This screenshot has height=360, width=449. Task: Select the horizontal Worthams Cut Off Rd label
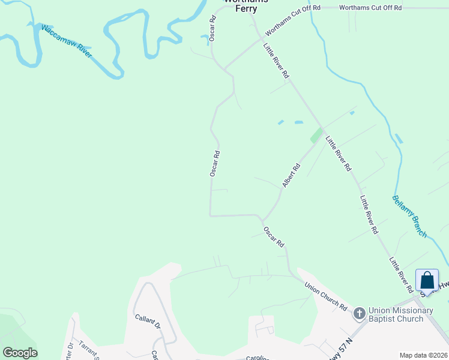coord(370,8)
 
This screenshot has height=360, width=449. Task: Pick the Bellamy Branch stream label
coord(410,215)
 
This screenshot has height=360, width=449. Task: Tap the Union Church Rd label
coord(325,296)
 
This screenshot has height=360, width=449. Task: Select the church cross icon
coord(359,313)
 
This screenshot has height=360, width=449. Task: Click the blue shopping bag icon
coord(427,280)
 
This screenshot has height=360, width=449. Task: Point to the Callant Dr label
coord(147,322)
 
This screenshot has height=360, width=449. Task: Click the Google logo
coord(20,353)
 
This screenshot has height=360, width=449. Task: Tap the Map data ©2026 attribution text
coord(423,355)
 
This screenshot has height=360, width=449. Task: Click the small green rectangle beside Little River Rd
coord(315,136)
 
